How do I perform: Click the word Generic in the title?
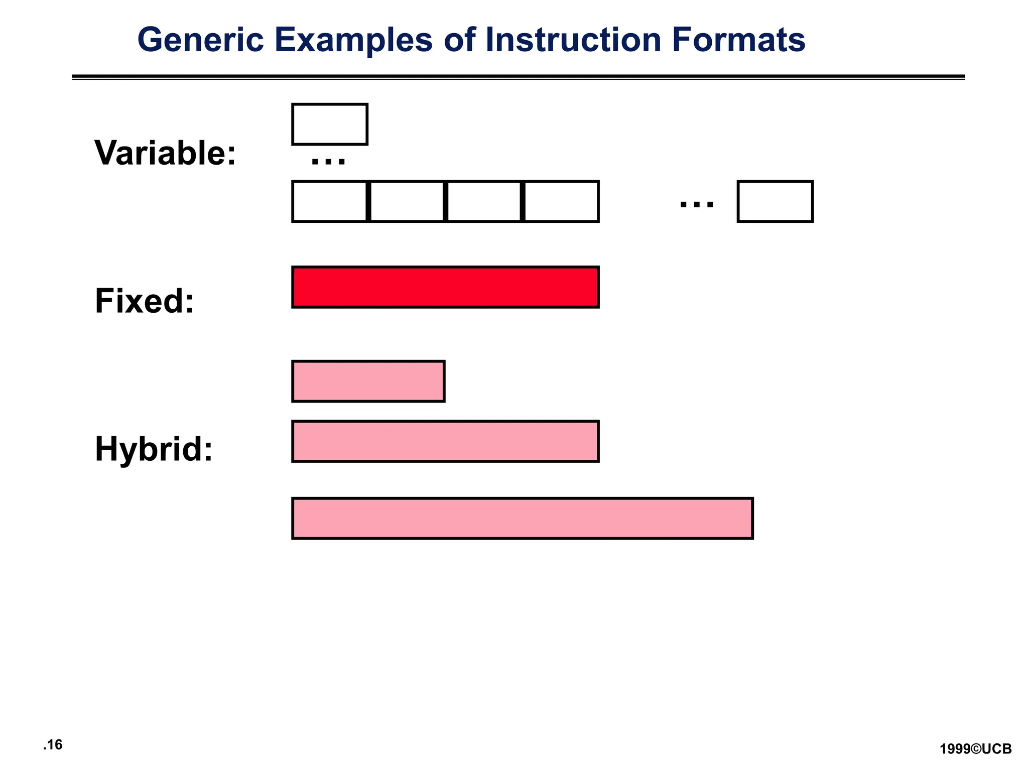[x=200, y=40]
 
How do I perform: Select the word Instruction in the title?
[x=573, y=40]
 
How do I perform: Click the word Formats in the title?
[x=738, y=40]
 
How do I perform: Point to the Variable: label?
[x=165, y=153]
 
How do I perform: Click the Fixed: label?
[x=145, y=301]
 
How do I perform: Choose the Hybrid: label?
[x=154, y=449]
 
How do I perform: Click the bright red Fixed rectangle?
[x=445, y=287]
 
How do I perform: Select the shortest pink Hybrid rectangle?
[x=368, y=381]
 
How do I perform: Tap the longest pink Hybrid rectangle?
[x=523, y=519]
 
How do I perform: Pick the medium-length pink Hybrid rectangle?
[x=445, y=441]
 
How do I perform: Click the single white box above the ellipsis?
[x=330, y=124]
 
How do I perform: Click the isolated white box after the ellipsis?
[x=775, y=201]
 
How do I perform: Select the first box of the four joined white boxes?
[x=330, y=201]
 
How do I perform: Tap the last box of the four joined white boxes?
[x=561, y=201]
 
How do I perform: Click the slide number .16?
[x=53, y=744]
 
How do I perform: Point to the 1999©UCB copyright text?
[x=975, y=749]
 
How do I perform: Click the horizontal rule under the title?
[x=518, y=77]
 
